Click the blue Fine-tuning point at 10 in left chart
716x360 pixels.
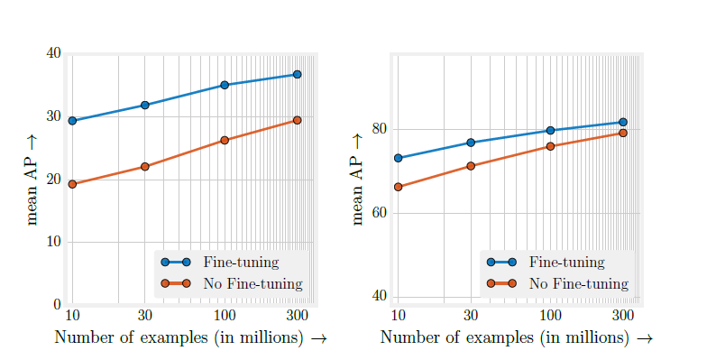pyautogui.click(x=72, y=121)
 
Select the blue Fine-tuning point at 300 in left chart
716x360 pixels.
pyautogui.click(x=297, y=74)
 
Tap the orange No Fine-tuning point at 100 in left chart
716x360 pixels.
pyautogui.click(x=225, y=141)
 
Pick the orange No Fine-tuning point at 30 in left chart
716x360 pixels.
pyautogui.click(x=144, y=167)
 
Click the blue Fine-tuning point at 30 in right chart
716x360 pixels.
pyautogui.click(x=471, y=143)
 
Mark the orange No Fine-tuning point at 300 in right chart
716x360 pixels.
pyautogui.click(x=622, y=134)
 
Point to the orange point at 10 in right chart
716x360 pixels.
pyautogui.click(x=398, y=187)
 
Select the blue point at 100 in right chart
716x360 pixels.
pyautogui.click(x=550, y=131)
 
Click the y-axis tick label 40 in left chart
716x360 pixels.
pyautogui.click(x=53, y=53)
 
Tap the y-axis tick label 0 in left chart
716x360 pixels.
pyautogui.click(x=57, y=305)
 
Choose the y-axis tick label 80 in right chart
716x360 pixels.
pyautogui.click(x=380, y=129)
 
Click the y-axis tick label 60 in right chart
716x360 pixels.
pyautogui.click(x=380, y=213)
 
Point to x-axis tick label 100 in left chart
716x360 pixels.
pyautogui.click(x=225, y=315)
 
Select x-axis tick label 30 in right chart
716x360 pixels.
pyautogui.click(x=471, y=315)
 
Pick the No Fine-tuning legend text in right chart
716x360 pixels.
pyautogui.click(x=578, y=283)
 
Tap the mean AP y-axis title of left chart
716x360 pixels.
pyautogui.click(x=32, y=179)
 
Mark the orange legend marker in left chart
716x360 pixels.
pyautogui.click(x=175, y=283)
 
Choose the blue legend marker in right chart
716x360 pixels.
pyautogui.click(x=500, y=263)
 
